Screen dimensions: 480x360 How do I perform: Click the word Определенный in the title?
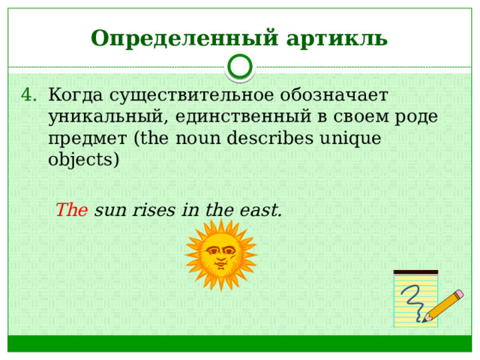(184, 39)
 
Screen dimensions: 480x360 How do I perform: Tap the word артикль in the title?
(337, 39)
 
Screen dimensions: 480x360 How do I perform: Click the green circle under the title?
(240, 67)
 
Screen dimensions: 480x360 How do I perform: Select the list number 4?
(29, 95)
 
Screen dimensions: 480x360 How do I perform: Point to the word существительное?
(192, 96)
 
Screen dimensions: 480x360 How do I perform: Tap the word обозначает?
(334, 95)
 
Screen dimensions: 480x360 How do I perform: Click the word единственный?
(243, 117)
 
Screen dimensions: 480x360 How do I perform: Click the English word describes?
(270, 138)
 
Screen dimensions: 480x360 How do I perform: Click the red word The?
(72, 210)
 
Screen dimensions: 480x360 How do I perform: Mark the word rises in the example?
(154, 211)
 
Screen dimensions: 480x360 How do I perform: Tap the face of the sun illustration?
(221, 255)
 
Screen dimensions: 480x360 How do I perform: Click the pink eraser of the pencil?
(460, 294)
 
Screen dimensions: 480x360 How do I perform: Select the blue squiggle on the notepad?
(414, 302)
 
